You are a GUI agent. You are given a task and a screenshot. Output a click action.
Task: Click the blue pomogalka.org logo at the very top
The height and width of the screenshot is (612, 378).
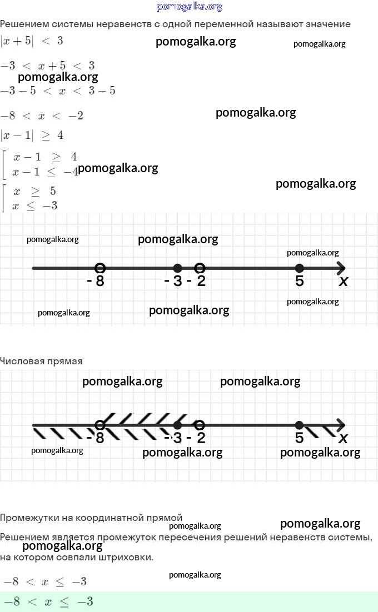(190, 7)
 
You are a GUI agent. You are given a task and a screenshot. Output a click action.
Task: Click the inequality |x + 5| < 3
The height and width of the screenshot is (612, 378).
(32, 41)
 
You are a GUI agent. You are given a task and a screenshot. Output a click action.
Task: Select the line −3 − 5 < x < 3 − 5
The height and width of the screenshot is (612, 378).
(58, 91)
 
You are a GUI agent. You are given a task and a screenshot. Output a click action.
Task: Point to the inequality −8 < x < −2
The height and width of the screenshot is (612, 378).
(42, 116)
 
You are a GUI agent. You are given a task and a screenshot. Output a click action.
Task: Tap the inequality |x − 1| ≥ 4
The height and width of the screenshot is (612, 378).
(32, 135)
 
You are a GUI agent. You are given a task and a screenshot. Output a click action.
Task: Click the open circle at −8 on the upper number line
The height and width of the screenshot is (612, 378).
(100, 268)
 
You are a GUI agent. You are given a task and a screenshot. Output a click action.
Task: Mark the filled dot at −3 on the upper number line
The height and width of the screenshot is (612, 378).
(177, 268)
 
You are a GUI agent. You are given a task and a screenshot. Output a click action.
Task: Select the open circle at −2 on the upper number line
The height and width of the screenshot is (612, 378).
(200, 268)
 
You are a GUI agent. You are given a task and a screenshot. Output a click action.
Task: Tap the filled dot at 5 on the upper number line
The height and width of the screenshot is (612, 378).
(299, 268)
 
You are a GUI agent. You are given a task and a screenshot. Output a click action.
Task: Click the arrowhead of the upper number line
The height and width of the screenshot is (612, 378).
(341, 268)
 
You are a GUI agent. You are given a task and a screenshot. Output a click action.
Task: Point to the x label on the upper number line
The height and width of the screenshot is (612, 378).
(344, 281)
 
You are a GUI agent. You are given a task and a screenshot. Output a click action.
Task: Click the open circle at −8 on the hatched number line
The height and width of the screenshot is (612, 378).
(100, 425)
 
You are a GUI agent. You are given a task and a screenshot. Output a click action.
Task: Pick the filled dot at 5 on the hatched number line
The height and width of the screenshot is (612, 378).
(299, 425)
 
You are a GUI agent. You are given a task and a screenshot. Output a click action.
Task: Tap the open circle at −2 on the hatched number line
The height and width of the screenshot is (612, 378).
(200, 425)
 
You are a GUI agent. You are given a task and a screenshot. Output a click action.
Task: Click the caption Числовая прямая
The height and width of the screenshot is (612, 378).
(41, 361)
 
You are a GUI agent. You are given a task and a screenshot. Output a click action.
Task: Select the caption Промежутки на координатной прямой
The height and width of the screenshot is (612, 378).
(91, 518)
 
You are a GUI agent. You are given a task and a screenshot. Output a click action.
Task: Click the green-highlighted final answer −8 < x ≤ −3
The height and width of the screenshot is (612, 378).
(48, 601)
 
